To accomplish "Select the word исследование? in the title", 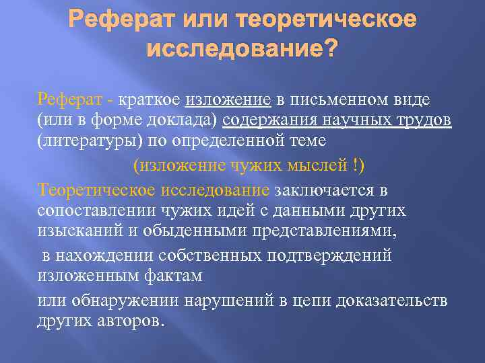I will click(243, 49).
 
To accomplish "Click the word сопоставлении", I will click(96, 210).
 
